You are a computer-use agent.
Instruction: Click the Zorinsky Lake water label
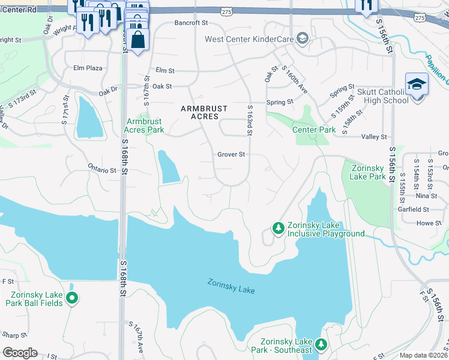[x=231, y=286]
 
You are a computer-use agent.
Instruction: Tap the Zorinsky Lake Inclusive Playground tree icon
[x=278, y=228]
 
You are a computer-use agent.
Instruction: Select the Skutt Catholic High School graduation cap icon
[x=416, y=85]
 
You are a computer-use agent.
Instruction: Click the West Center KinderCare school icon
[x=303, y=39]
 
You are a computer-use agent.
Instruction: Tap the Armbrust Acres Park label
[x=144, y=125]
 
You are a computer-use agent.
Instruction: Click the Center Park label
[x=313, y=130]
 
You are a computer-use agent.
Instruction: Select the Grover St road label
[x=231, y=155]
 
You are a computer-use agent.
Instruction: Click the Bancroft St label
[x=190, y=23]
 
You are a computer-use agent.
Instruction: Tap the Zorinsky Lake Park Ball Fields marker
[x=72, y=298]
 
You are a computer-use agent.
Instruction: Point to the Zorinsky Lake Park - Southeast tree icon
[x=321, y=344]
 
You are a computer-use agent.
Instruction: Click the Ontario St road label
[x=101, y=170]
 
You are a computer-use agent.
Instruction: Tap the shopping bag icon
[x=138, y=40]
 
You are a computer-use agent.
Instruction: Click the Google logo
[x=20, y=352]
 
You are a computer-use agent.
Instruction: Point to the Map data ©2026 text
[x=423, y=355]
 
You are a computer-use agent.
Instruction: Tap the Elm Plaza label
[x=87, y=68]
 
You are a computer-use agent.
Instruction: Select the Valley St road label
[x=374, y=137]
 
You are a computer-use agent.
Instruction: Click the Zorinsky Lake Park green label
[x=369, y=172]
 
